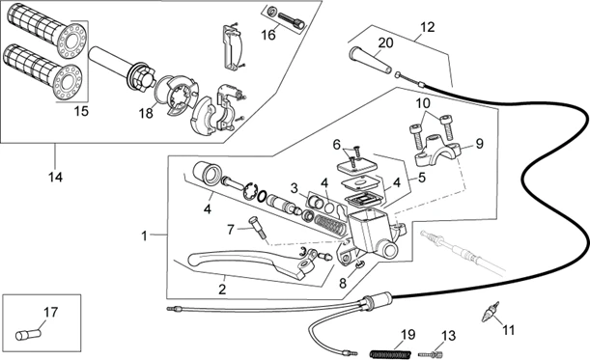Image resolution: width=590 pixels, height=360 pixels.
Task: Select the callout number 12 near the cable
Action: tap(427, 28)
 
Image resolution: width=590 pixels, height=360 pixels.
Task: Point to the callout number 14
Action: tap(55, 177)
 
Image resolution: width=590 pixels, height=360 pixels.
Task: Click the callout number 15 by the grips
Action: tap(81, 111)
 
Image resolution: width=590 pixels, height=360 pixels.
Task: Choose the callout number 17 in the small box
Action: tap(50, 311)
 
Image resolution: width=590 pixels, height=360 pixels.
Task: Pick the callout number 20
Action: tap(385, 42)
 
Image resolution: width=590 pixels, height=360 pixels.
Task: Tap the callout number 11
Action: tap(508, 329)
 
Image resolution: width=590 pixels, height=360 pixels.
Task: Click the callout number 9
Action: tap(482, 147)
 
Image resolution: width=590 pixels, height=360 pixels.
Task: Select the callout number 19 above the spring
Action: tap(407, 334)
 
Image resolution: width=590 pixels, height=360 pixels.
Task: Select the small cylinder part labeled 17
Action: tap(27, 335)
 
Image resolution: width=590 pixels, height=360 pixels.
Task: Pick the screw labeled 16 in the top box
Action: tap(288, 16)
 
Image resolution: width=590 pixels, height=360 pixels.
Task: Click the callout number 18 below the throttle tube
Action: tap(146, 113)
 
